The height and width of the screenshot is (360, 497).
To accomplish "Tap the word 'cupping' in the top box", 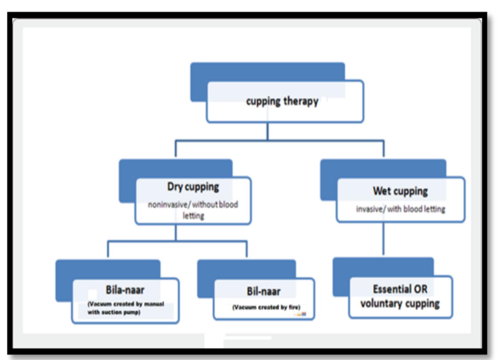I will tap(263, 101).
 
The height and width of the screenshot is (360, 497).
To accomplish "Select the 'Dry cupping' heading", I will tap(193, 187).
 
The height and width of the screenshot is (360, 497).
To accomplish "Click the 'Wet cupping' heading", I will tap(400, 191).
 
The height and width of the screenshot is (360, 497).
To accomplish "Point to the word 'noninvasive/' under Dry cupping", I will tap(168, 205).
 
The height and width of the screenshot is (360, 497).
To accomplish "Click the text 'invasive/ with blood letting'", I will tap(400, 209).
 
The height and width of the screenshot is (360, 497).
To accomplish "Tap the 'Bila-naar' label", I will tap(125, 290).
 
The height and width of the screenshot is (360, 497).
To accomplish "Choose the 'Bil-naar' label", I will tap(264, 292).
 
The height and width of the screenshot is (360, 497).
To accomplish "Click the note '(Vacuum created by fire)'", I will tap(266, 307).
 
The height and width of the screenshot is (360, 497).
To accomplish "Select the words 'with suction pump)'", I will tap(114, 312).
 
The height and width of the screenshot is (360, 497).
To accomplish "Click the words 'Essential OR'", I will tap(400, 289).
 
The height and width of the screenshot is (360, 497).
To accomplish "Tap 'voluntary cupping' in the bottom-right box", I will tap(400, 303).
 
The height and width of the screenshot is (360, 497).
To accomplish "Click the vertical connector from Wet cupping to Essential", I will tap(383, 239).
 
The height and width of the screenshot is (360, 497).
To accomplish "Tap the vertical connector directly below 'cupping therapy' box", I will tap(268, 131).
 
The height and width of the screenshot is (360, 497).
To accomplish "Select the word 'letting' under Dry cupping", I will tap(193, 216).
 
